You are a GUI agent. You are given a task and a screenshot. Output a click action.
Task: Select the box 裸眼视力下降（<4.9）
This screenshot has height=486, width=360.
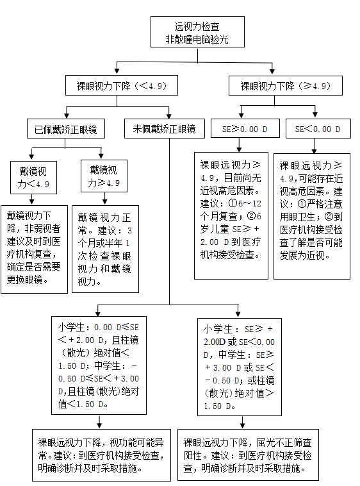[121, 85]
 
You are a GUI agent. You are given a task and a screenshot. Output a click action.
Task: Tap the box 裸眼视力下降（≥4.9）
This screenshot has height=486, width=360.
[285, 85]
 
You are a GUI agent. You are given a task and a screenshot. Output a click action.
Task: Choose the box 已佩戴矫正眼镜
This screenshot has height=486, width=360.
[66, 129]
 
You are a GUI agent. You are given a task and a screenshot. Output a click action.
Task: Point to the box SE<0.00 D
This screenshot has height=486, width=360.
[318, 129]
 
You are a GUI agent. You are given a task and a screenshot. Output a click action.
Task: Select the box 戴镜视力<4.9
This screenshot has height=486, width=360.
[33, 177]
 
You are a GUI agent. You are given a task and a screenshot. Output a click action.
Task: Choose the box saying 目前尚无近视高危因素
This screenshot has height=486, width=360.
[232, 215]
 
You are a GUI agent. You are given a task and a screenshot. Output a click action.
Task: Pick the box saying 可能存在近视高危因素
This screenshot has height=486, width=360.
[312, 215]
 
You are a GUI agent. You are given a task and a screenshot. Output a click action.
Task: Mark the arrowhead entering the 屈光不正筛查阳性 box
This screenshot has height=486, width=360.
[243, 425]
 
